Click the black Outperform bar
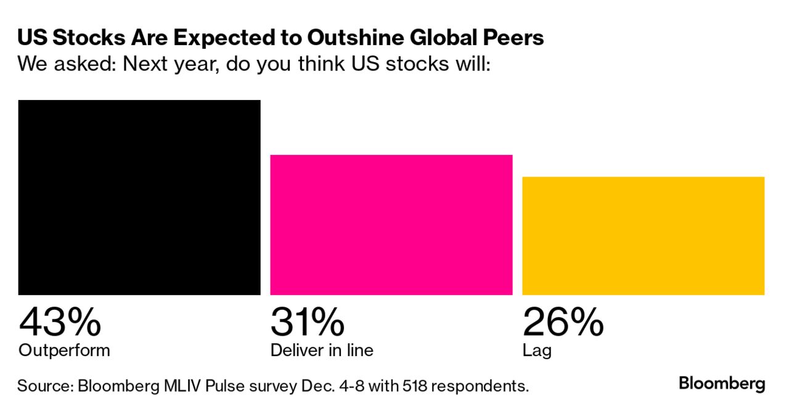pos(139,197)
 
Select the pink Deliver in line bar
pos(391,225)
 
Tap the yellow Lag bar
pos(643,236)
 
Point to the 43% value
pos(60,322)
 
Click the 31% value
pos(307,322)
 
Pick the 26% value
pos(563,322)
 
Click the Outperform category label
pos(64,351)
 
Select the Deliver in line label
pos(322,351)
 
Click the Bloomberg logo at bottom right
pos(722,384)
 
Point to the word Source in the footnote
pos(43,386)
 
